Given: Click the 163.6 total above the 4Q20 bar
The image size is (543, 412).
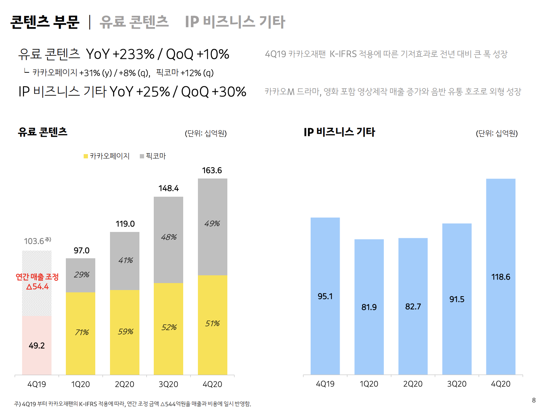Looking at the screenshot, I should click(x=212, y=170).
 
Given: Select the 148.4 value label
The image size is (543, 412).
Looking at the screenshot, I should click(x=168, y=188).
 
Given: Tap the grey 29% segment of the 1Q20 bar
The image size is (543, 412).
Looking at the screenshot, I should click(x=81, y=275).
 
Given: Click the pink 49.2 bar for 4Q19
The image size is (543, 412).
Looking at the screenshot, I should click(x=37, y=345).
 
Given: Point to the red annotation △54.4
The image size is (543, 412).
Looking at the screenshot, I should click(x=38, y=287).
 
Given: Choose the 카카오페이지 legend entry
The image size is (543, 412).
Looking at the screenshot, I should click(x=107, y=156).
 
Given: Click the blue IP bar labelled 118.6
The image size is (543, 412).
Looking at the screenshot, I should click(x=501, y=276).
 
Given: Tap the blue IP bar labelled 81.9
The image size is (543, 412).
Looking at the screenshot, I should click(x=369, y=307).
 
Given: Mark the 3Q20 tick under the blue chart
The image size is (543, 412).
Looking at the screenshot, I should click(x=457, y=384).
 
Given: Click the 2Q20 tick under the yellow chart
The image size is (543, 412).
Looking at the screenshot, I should click(x=124, y=384).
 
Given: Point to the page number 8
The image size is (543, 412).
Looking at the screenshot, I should click(x=534, y=400).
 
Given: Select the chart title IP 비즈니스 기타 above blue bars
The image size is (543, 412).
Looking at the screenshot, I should click(x=339, y=132).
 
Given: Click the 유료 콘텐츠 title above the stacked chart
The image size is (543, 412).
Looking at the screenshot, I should click(x=43, y=132).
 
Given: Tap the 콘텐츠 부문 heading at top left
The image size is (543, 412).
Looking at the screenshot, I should click(x=45, y=22).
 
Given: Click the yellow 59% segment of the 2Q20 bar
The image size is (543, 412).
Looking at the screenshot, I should click(x=125, y=332).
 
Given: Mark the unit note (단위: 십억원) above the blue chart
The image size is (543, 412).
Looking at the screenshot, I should click(x=497, y=133).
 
